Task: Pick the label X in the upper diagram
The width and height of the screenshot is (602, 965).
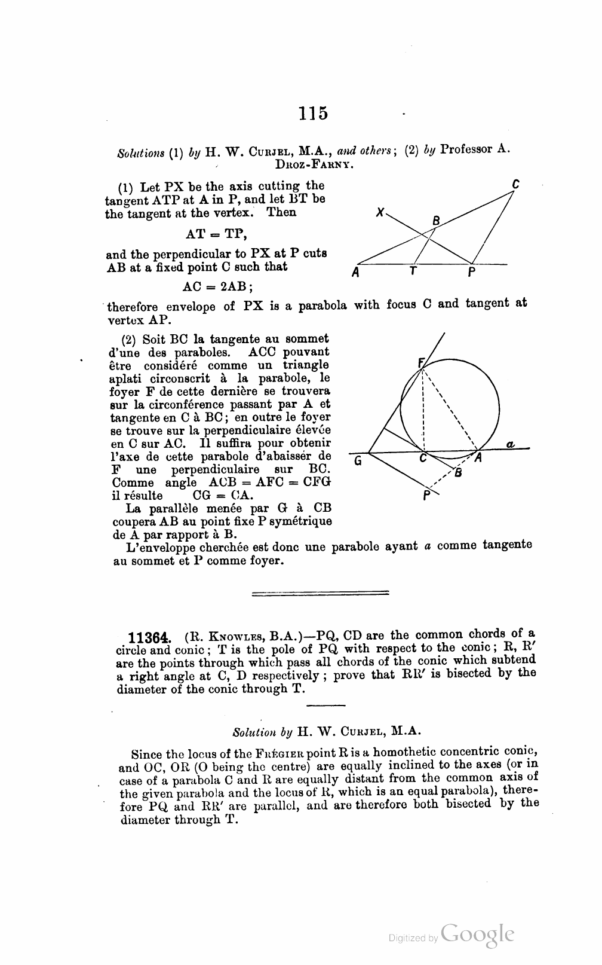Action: tap(380, 212)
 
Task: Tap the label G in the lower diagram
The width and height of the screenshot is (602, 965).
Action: tap(358, 460)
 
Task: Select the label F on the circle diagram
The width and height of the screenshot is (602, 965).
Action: tap(420, 362)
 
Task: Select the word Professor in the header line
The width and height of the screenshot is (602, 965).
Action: tap(468, 149)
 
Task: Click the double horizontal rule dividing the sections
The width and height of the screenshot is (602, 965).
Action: tap(321, 593)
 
